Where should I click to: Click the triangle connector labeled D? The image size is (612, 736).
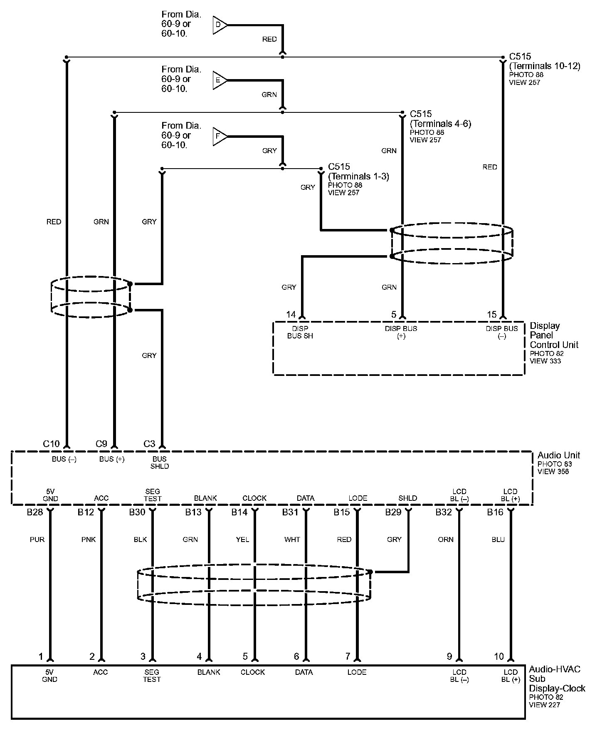(x=219, y=25)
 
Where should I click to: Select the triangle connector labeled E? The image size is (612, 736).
(x=219, y=80)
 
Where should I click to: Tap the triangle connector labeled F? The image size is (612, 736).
(x=219, y=137)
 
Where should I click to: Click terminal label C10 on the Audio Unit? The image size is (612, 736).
(x=52, y=444)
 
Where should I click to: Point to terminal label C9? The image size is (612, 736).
(x=101, y=444)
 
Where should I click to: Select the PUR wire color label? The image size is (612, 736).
(x=37, y=540)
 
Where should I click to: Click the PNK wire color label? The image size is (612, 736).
(x=89, y=540)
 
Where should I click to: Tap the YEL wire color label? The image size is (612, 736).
(x=242, y=540)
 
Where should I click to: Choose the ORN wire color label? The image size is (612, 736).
(x=446, y=540)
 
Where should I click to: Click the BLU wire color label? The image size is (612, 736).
(x=498, y=540)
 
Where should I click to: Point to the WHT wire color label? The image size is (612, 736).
(x=292, y=540)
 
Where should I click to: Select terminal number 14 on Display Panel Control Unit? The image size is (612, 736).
(x=291, y=315)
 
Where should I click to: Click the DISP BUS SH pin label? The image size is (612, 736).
(x=300, y=332)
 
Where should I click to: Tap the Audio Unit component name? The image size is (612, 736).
(x=559, y=455)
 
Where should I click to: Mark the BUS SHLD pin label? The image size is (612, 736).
(x=160, y=462)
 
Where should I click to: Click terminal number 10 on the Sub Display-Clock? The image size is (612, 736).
(x=499, y=656)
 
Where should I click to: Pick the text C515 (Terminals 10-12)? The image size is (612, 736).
(x=544, y=61)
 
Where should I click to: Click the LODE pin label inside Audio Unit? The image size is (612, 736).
(x=358, y=498)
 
